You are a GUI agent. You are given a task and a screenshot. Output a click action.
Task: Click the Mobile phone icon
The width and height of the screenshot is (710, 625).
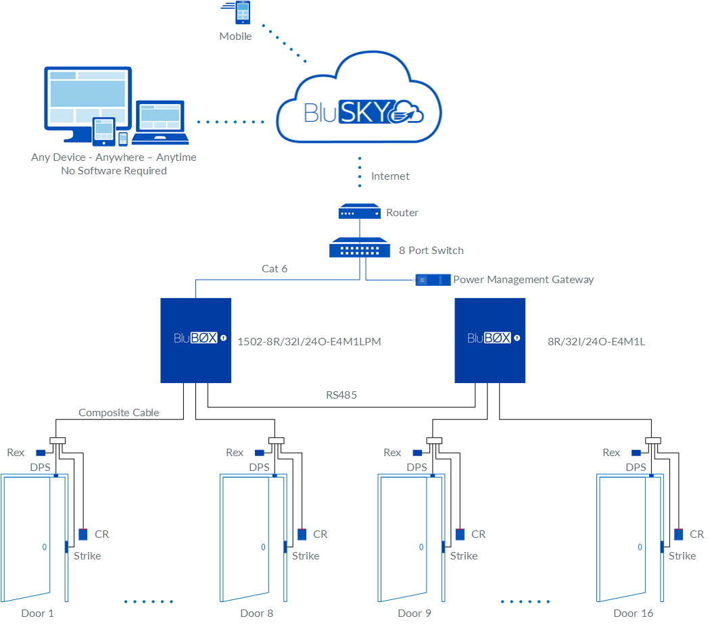point(241,14)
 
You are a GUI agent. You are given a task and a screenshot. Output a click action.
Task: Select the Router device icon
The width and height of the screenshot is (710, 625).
point(359,212)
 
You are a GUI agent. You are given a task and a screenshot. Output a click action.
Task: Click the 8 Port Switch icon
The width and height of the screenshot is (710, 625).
point(359,249)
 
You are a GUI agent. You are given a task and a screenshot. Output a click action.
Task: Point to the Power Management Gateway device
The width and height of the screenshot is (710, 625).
point(433,279)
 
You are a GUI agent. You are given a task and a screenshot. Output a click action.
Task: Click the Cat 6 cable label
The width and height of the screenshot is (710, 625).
point(275,268)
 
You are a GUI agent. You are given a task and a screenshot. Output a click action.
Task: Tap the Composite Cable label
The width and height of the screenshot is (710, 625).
point(119,412)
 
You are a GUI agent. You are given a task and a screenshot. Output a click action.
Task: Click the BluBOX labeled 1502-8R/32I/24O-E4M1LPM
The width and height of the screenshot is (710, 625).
point(195,340)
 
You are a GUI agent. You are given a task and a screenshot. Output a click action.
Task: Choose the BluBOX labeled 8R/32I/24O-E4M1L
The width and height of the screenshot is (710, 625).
point(490,340)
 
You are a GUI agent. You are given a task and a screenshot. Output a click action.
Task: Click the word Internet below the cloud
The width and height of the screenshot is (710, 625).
point(390,176)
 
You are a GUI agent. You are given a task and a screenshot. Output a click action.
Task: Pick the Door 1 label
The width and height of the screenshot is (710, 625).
point(37,613)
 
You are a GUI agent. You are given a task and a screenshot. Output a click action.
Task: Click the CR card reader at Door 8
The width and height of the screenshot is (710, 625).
point(302,534)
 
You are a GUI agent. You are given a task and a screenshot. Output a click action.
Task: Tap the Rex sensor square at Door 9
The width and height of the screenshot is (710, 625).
point(418,453)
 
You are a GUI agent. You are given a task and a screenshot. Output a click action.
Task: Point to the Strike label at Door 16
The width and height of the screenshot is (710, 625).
point(682,555)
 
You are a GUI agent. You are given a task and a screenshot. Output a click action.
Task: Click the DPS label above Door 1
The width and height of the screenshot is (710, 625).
point(40,467)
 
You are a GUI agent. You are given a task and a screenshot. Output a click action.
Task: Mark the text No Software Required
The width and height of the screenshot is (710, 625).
point(114,171)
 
